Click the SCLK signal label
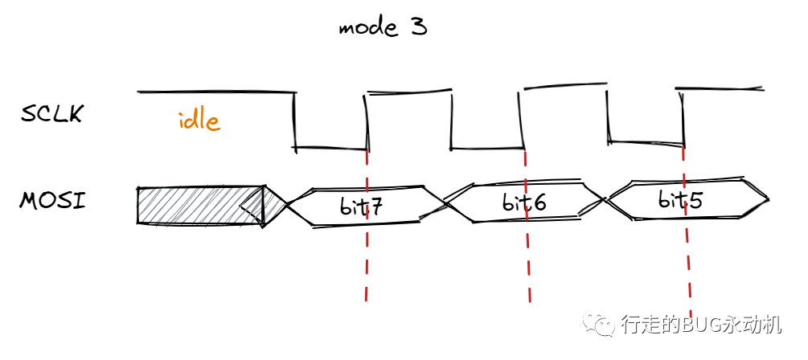[52, 114]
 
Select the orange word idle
[199, 121]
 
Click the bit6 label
[524, 203]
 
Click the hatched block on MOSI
[201, 206]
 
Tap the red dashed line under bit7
[367, 265]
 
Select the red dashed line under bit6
[527, 265]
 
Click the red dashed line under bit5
[688, 265]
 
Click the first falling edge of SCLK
[294, 121]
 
